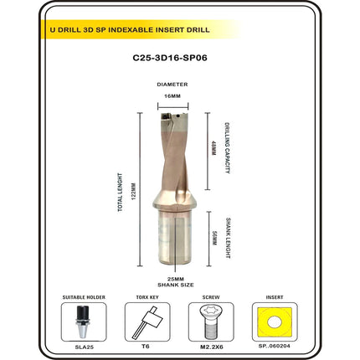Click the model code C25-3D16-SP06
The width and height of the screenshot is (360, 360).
170,58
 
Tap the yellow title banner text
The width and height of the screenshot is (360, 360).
130,29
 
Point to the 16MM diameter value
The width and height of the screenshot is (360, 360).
172,96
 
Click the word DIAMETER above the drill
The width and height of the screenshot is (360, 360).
172,85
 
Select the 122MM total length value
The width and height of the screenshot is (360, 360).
133,192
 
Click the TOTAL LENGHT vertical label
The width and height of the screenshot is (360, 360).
120,193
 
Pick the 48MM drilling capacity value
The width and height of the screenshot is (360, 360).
213,148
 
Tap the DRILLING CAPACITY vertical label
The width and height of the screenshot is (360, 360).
228,148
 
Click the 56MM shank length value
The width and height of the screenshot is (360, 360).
214,238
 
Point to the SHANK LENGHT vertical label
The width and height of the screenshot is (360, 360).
228,238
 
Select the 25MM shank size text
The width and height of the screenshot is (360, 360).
176,279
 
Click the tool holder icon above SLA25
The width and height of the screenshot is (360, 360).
83,321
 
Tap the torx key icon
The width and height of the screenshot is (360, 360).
147,321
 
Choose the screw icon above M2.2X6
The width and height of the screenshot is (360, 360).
211,321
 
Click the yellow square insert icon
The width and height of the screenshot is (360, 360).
275,321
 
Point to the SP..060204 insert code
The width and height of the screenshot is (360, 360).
275,346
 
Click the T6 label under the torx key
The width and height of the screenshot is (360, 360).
146,347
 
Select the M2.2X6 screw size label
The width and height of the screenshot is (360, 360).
211,347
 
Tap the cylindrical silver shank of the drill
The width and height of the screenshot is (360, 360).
175,237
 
